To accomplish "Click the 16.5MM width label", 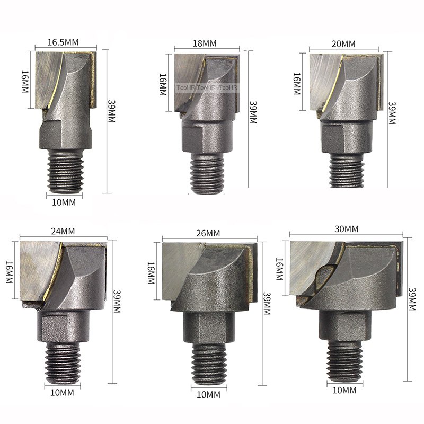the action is pos(63,42).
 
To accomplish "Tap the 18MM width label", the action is pos(205,43).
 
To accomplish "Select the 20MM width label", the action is pos(343,44).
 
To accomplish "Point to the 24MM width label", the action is pos(63,231).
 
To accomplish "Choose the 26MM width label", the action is pos(208,233).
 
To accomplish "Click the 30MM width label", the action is pos(347,229).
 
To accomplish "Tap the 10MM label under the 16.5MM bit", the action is pos(64,202).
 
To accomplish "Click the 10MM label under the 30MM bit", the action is pos(344,390).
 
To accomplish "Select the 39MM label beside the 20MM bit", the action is pos(392,113).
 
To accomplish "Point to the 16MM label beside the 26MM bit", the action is pos(151,273).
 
